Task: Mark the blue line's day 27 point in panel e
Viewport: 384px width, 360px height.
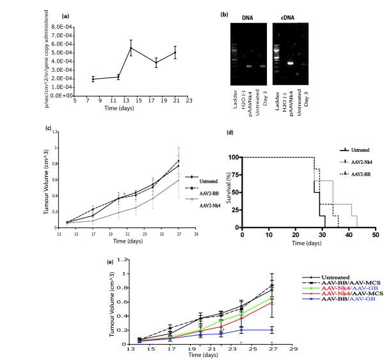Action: tap(273, 330)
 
